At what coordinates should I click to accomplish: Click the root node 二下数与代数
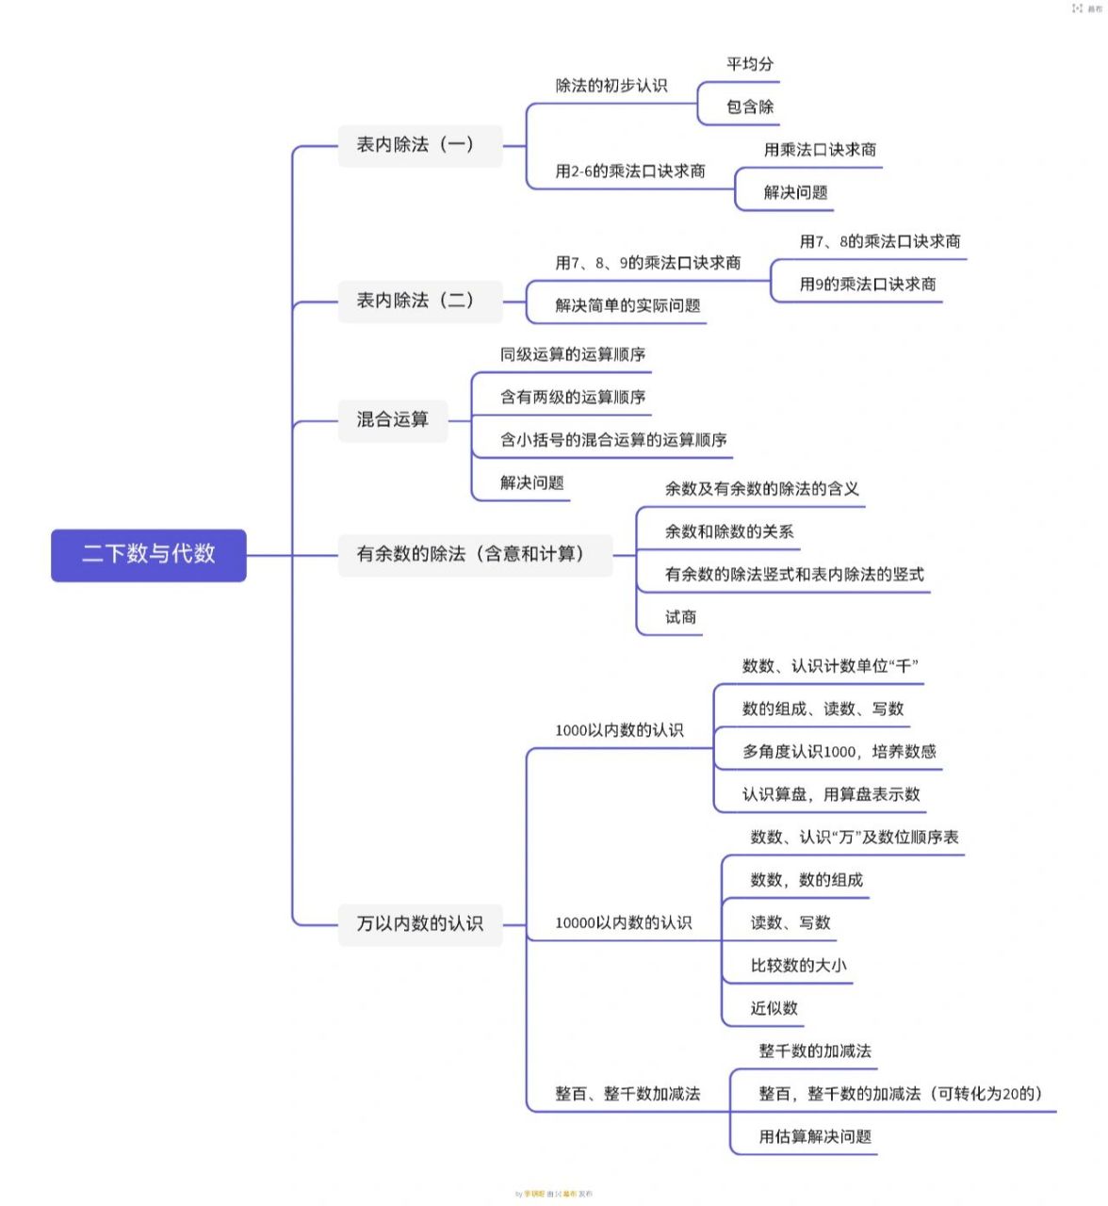(149, 554)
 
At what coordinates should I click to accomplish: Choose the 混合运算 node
(393, 419)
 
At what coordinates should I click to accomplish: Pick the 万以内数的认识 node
(419, 923)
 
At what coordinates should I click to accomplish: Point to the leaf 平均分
(750, 64)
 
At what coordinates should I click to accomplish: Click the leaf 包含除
(750, 107)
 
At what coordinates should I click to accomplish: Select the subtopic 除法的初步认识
(611, 86)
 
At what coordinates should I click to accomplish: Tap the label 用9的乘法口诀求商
(868, 285)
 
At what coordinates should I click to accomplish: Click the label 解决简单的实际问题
(627, 305)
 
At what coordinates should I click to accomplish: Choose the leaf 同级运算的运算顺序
(573, 354)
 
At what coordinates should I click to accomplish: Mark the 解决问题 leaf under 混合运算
(532, 483)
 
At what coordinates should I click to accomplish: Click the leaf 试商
(680, 617)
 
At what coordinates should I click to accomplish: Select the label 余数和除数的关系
(729, 531)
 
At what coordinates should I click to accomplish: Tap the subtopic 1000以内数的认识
(619, 730)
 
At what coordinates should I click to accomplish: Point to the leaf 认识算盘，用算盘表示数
(831, 794)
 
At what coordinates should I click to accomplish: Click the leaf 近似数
(774, 1008)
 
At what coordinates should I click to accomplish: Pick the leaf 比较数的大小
(798, 966)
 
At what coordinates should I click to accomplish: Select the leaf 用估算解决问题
(815, 1136)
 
